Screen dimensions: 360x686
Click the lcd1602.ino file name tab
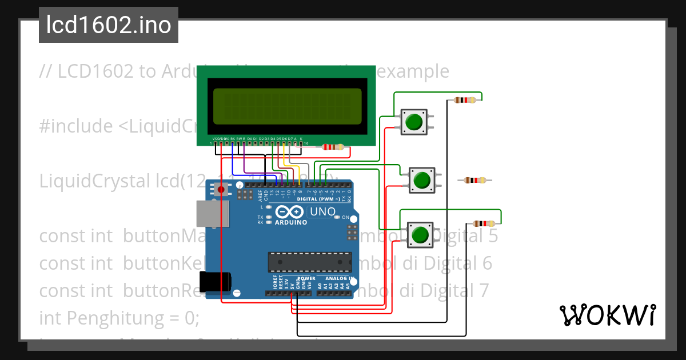pos(109,25)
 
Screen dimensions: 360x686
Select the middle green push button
pos(422,179)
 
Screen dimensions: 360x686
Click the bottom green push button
pos(420,235)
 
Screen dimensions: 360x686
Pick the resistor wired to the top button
pos(464,100)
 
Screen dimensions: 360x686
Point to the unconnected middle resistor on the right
pos(475,181)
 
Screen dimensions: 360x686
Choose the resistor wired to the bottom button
pos(484,224)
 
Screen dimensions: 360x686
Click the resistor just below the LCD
pos(333,147)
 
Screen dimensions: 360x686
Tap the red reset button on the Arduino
pos(221,189)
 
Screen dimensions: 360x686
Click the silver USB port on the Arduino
pos(213,214)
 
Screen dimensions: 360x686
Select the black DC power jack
pos(215,281)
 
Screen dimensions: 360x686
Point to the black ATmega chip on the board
pos(309,261)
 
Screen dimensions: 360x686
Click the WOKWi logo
pos(607,315)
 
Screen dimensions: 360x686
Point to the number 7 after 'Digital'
pos(484,291)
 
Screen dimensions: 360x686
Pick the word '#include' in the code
pos(76,126)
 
